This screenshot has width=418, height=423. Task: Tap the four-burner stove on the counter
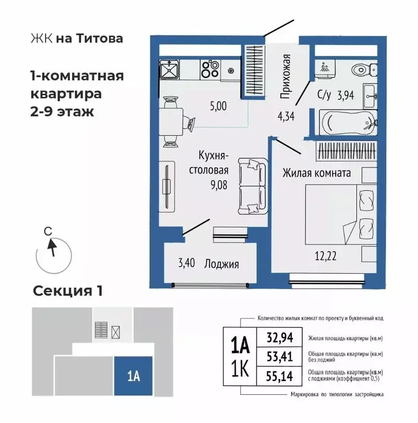pyautogui.click(x=210, y=70)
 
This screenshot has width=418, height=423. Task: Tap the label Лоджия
pyautogui.click(x=221, y=264)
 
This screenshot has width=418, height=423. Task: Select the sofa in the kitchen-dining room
pyautogui.click(x=252, y=186)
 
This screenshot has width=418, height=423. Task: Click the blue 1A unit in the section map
pyautogui.click(x=133, y=377)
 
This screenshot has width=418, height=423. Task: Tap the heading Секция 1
pyautogui.click(x=68, y=290)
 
